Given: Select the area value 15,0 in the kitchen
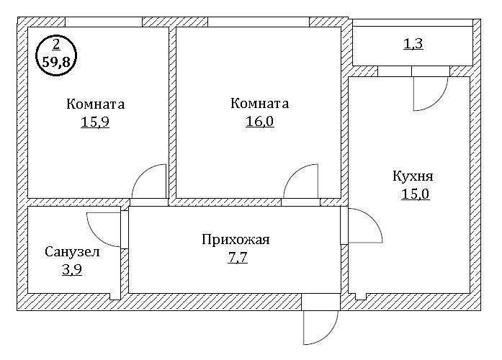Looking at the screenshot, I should click(416, 194).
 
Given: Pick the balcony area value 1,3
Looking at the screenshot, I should click(413, 45).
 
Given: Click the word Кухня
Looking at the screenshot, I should click(413, 176).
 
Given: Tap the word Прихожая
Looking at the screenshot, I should click(236, 240).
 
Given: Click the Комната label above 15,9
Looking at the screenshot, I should click(95, 104).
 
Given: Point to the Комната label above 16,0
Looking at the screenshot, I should click(259, 104).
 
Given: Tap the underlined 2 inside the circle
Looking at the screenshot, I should click(56, 45).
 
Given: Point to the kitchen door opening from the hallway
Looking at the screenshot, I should click(363, 228).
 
